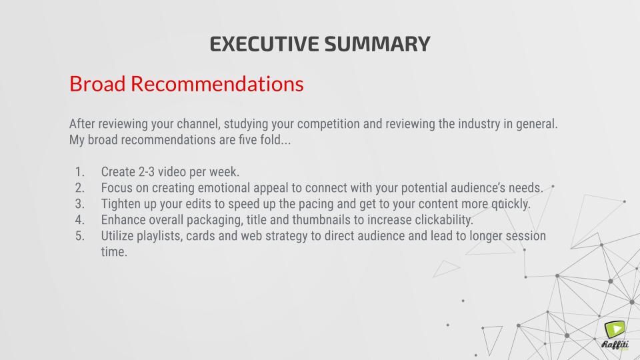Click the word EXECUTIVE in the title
pyautogui.click(x=264, y=44)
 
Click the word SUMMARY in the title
pyautogui.click(x=377, y=44)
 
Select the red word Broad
pyautogui.click(x=97, y=83)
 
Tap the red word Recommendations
pyautogui.click(x=217, y=83)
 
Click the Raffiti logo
pyautogui.click(x=615, y=335)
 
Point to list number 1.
pyautogui.click(x=79, y=172)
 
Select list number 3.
pyautogui.click(x=79, y=204)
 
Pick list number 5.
pyautogui.click(x=79, y=236)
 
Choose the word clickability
pyautogui.click(x=444, y=220)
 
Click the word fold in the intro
pyautogui.click(x=270, y=139)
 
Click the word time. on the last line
pyautogui.click(x=114, y=252)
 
